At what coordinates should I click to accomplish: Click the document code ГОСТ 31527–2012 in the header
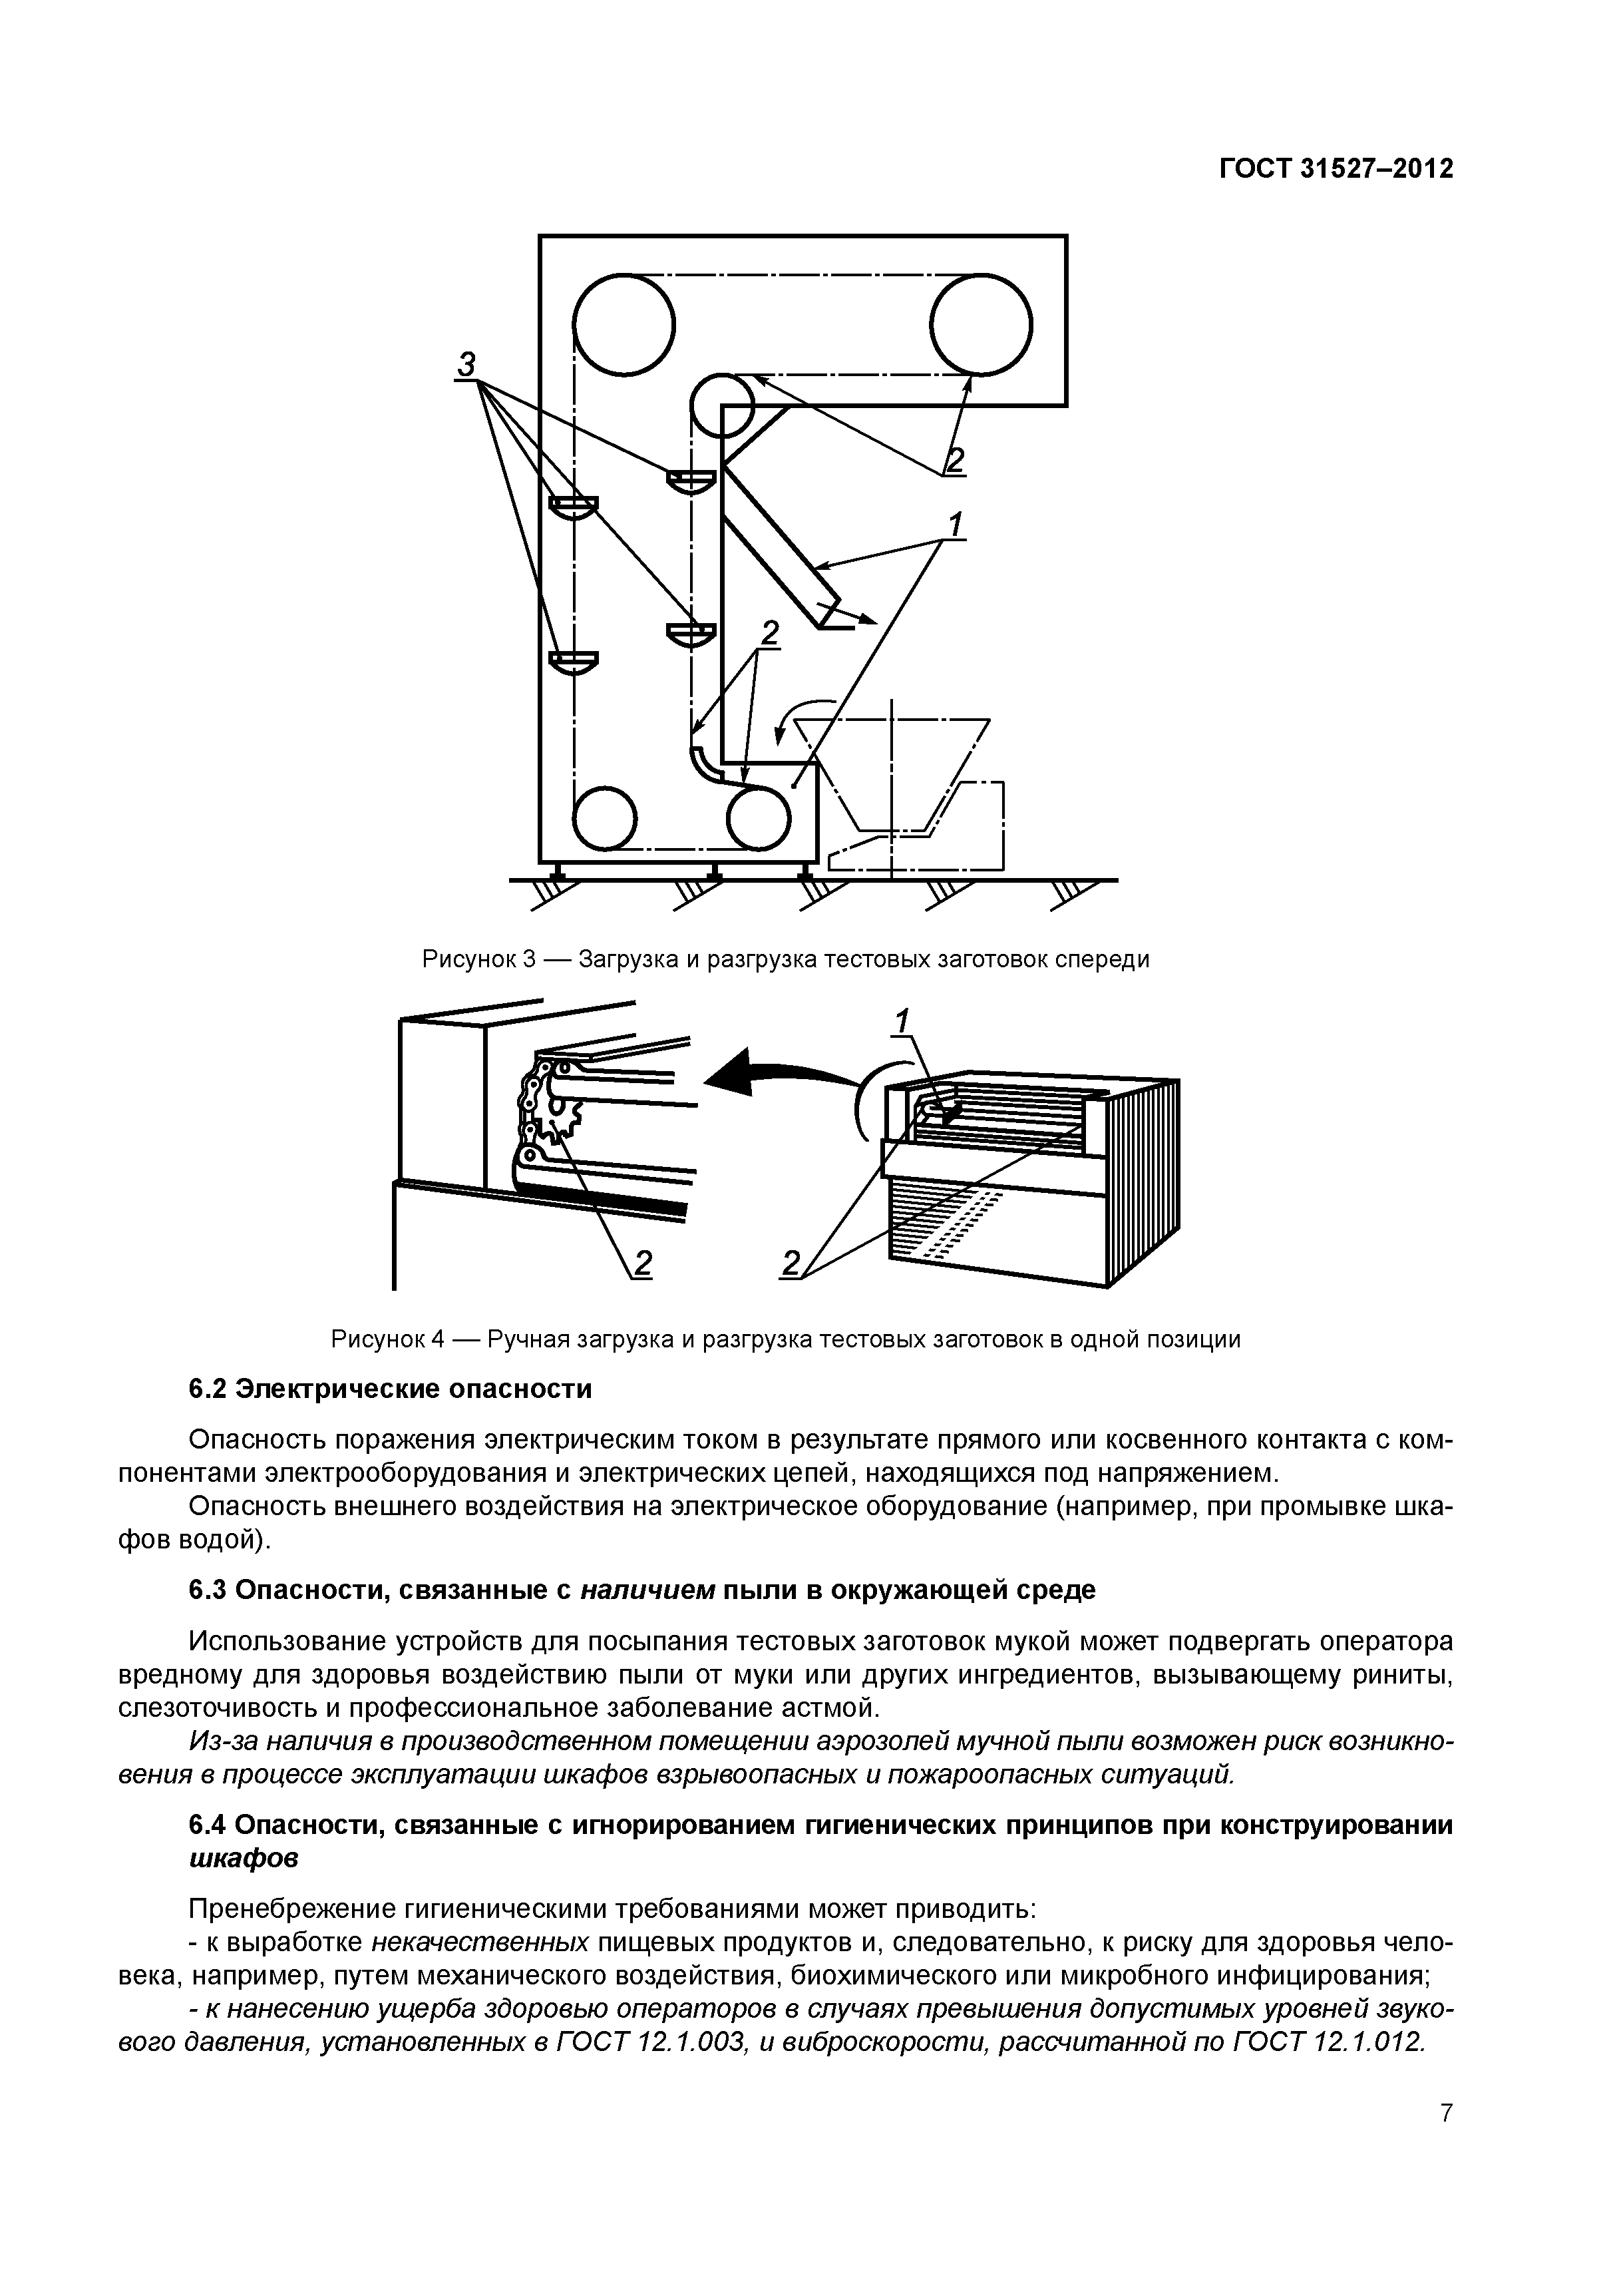1335,170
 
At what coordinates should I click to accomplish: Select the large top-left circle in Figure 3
624,325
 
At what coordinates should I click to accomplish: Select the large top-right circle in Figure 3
982,325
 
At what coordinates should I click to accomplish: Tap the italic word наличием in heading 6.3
647,1590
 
